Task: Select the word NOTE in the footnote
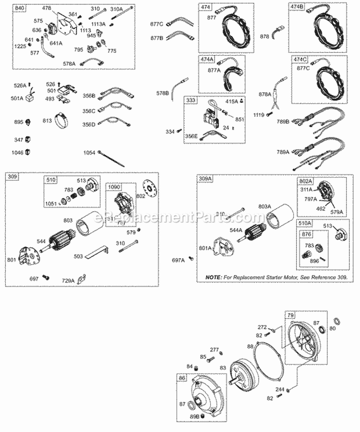[214, 278]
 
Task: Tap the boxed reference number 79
[290, 315]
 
